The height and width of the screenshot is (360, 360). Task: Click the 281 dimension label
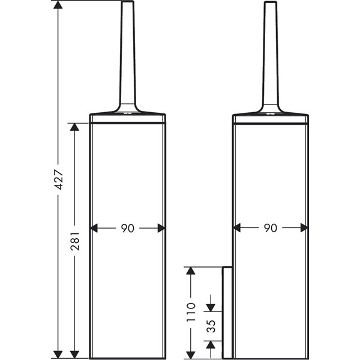pyautogui.click(x=75, y=241)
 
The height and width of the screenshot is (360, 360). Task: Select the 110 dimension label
pyautogui.click(x=191, y=312)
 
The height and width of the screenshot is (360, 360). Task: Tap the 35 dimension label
pyautogui.click(x=211, y=326)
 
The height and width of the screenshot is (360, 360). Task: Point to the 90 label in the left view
pyautogui.click(x=128, y=228)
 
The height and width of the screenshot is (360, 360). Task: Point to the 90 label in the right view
pyautogui.click(x=271, y=228)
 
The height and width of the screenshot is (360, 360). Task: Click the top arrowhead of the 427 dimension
pyautogui.click(x=58, y=5)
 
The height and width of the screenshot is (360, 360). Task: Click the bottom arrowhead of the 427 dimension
pyautogui.click(x=58, y=355)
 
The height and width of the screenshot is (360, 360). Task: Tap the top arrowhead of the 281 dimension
pyautogui.click(x=74, y=127)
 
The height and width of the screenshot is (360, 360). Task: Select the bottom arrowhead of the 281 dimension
pyautogui.click(x=74, y=355)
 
